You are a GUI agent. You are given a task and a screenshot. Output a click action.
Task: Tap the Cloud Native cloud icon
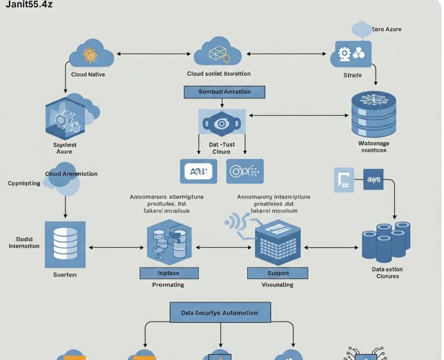[x=91, y=55]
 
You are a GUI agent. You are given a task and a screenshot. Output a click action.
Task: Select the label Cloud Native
[x=88, y=74]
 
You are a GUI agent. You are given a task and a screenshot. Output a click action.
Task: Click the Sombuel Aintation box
[x=225, y=92]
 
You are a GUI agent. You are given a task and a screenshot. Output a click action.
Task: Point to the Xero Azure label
[x=386, y=29]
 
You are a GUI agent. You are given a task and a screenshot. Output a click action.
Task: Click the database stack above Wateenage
[x=373, y=113]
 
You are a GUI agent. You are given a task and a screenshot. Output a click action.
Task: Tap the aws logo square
[x=373, y=179]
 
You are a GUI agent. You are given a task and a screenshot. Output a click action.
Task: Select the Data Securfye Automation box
[x=219, y=313]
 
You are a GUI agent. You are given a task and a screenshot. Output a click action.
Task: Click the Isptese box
[x=169, y=273]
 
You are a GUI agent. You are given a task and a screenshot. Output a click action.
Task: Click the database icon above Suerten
[x=65, y=244]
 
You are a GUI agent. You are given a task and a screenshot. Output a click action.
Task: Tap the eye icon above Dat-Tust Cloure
[x=221, y=123]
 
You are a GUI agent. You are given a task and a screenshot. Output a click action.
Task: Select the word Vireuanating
[x=277, y=285]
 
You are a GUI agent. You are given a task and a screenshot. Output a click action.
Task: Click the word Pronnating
[x=168, y=285]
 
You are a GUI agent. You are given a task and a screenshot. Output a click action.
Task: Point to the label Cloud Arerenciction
[x=71, y=173]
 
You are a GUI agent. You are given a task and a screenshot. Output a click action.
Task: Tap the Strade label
[x=352, y=76]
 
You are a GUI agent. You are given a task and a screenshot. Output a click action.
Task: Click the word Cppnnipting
[x=25, y=183]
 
